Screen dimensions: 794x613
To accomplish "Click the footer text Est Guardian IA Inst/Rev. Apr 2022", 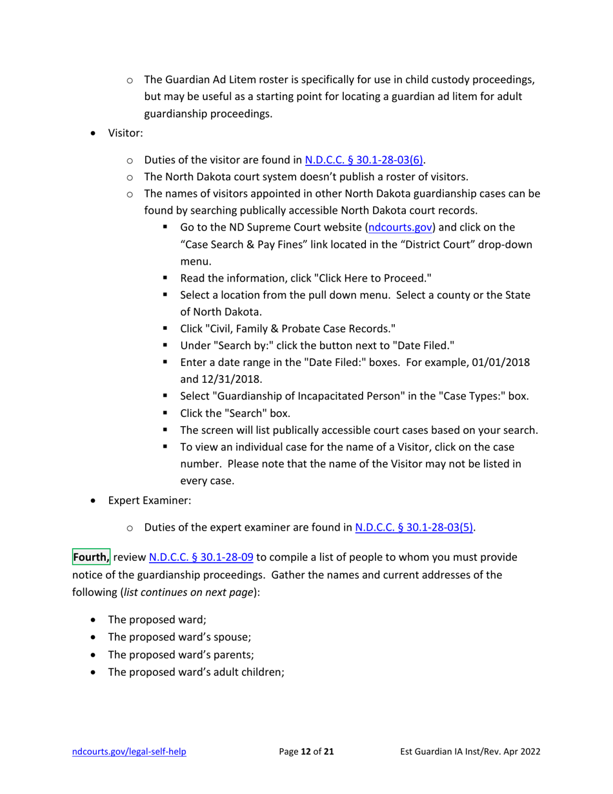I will click(x=467, y=752).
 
